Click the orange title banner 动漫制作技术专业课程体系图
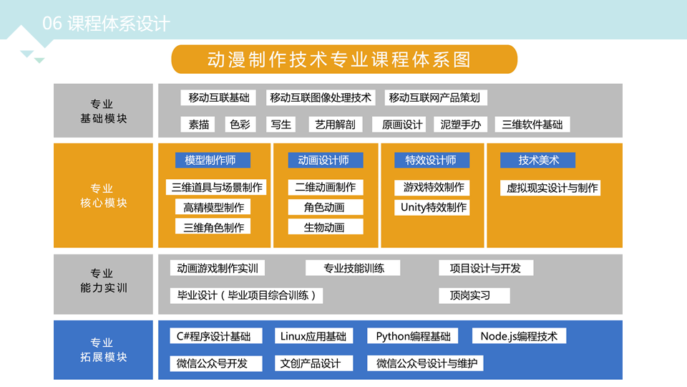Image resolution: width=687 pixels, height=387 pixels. [344, 59]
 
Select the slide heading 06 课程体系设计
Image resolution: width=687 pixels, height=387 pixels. [106, 23]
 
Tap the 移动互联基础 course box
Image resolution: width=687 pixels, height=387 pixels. [218, 97]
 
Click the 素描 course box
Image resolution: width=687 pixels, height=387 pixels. [198, 125]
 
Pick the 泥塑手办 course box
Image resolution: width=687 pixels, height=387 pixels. [460, 125]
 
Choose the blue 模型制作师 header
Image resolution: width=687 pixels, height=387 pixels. [213, 160]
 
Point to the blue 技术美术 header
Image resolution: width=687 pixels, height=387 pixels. [537, 160]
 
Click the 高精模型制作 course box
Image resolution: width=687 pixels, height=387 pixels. [213, 207]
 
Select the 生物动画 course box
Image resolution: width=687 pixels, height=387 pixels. [325, 227]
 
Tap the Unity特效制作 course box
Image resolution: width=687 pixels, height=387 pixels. [432, 208]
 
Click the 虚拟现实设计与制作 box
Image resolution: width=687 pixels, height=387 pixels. [550, 188]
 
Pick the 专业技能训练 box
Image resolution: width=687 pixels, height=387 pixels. [353, 268]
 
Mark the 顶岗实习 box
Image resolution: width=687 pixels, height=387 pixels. [474, 296]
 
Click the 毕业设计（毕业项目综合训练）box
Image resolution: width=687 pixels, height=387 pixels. [246, 296]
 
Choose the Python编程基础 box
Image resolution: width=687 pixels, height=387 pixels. [412, 336]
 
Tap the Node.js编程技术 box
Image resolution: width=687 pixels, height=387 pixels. [520, 336]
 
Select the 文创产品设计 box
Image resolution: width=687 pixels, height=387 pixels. [313, 363]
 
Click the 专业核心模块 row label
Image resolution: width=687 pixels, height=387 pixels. [103, 196]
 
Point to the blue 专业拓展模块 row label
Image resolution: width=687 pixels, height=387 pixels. [103, 350]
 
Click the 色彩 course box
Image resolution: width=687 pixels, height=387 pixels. [240, 125]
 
